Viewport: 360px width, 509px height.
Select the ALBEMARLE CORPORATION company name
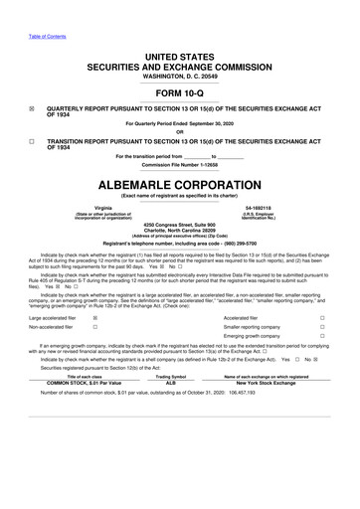(x=180, y=186)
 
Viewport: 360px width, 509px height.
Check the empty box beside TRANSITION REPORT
(x=32, y=141)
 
